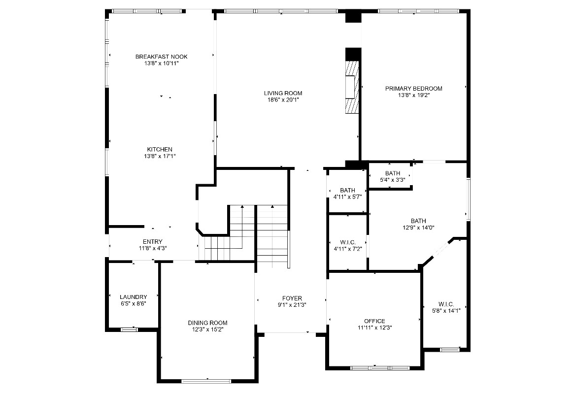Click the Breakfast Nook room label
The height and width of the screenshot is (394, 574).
tap(161, 57)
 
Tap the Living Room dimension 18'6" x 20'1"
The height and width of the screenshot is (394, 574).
tap(283, 100)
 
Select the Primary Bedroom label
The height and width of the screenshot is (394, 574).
tap(413, 89)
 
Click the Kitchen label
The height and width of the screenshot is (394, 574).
tap(160, 150)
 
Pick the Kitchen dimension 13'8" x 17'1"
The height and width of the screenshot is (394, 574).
tap(160, 157)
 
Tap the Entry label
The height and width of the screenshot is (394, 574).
tap(153, 242)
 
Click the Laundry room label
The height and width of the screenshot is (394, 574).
tap(133, 297)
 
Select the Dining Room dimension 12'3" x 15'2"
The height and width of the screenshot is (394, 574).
tap(207, 329)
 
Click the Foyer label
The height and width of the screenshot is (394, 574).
tap(292, 298)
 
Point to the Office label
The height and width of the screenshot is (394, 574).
tap(374, 321)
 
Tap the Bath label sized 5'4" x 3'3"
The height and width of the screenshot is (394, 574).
tap(393, 173)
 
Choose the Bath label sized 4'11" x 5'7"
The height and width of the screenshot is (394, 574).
tap(347, 191)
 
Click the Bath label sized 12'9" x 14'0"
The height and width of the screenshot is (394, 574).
tap(418, 221)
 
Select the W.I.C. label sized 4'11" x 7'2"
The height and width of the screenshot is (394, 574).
tap(347, 242)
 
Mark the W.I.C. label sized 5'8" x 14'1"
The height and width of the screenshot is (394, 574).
tap(446, 304)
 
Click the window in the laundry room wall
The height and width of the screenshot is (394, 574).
tap(129, 329)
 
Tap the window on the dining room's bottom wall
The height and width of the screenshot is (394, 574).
tap(206, 381)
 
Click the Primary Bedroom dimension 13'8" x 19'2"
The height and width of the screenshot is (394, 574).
tap(413, 96)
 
